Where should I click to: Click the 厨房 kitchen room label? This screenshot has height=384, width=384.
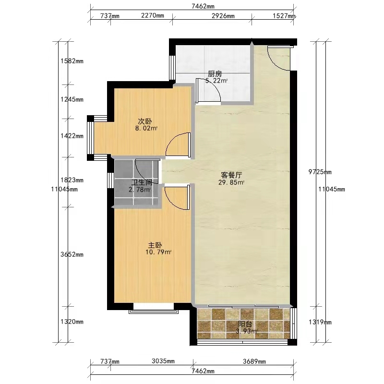coord(215,73)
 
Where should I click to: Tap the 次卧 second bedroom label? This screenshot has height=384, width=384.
coord(145,121)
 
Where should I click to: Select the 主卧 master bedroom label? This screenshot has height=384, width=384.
coord(155,245)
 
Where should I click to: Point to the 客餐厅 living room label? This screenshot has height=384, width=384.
coord(231,175)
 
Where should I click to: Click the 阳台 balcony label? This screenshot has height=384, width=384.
coord(245,324)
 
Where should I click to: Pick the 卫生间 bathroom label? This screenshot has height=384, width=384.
coord(142,182)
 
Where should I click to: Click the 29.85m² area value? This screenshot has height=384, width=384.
coord(231,182)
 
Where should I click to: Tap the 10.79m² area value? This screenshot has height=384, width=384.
coord(158,252)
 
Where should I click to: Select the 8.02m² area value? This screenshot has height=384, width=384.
coord(146,128)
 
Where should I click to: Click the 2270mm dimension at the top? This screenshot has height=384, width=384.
coord(153,15)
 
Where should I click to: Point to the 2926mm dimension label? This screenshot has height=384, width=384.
coord(223,16)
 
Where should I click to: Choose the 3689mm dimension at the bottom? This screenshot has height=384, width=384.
coord(254,361)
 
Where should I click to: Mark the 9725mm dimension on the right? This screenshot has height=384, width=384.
coord(320,172)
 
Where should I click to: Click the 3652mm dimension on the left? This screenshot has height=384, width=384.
coord(72,254)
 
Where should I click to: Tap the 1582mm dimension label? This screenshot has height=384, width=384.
coord(72,61)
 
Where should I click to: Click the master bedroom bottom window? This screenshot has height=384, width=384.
coord(154,311)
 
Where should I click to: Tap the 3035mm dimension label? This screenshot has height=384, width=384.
coord(163,361)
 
